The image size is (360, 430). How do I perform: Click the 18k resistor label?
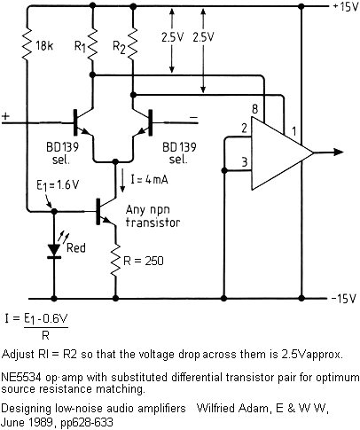click(x=44, y=46)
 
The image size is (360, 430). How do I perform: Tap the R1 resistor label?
click(x=80, y=46)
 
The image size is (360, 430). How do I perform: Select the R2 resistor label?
click(x=119, y=47)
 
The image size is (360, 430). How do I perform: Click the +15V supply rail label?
click(x=346, y=7)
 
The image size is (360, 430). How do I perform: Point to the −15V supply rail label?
click(x=344, y=299)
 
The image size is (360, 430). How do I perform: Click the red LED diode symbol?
click(x=54, y=251)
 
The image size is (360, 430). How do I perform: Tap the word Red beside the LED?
click(x=76, y=247)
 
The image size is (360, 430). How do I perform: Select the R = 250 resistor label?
click(x=143, y=261)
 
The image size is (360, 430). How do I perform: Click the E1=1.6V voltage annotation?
click(x=58, y=185)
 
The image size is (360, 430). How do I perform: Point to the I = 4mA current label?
click(x=150, y=179)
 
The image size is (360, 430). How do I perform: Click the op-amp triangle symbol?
click(x=282, y=152)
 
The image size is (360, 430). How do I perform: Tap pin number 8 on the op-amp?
click(x=254, y=109)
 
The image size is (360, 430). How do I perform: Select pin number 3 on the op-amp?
click(x=244, y=162)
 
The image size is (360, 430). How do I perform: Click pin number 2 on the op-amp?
click(x=244, y=129)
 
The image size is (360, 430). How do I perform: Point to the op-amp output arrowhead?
click(x=339, y=152)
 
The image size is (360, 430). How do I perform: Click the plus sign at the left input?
click(x=5, y=116)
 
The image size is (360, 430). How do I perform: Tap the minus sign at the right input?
click(x=193, y=118)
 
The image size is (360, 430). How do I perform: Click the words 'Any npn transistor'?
click(x=153, y=216)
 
